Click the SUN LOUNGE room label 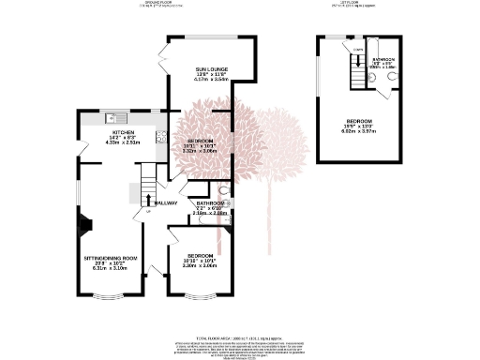pyautogui.click(x=211, y=70)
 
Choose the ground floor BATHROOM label pyautogui.click(x=210, y=203)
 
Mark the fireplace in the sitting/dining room pyautogui.click(x=87, y=225)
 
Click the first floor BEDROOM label pyautogui.click(x=360, y=122)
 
